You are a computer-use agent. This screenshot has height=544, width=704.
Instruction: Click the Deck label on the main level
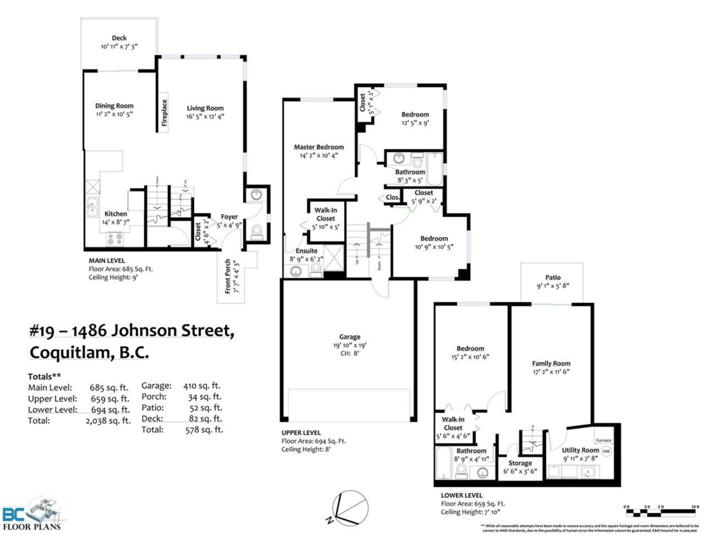(119, 38)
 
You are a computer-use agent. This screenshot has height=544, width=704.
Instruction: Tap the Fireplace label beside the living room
(164, 112)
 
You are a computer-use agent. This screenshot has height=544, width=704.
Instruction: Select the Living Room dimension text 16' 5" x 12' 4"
(205, 116)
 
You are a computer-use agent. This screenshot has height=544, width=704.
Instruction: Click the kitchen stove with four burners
(115, 238)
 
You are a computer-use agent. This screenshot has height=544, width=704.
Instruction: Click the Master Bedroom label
(319, 147)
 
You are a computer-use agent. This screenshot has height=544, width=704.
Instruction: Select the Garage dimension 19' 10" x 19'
(349, 345)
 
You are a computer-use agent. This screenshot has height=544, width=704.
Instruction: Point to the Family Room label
(551, 363)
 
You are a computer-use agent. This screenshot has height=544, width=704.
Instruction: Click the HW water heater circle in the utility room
(606, 451)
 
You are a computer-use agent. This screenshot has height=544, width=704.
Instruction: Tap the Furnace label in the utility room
(603, 440)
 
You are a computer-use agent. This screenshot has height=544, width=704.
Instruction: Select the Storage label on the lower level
(520, 463)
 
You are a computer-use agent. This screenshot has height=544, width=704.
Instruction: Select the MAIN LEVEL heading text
(107, 261)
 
